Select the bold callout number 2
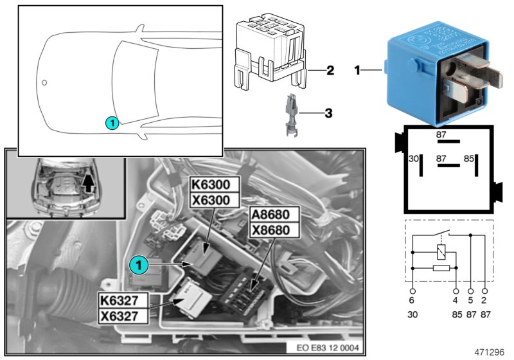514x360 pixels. click(x=330, y=69)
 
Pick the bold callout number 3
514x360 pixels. click(x=328, y=114)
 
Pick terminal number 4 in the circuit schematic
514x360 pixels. click(x=456, y=300)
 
